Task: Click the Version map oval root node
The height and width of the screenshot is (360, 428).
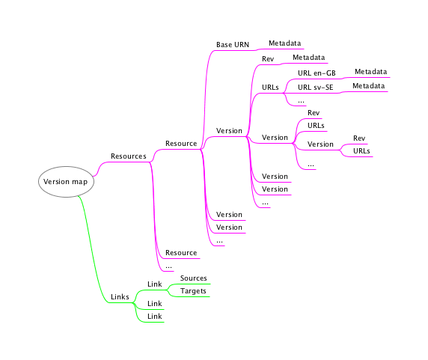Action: tap(66, 182)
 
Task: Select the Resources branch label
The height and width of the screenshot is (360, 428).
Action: tap(128, 156)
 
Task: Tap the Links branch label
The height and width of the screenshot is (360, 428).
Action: tap(120, 296)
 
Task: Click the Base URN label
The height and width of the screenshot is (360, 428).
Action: tap(233, 44)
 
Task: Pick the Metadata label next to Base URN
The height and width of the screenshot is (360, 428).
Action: tap(284, 43)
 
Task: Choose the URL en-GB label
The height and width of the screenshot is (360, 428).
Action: tap(317, 73)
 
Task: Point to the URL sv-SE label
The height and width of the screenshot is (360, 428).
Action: tap(315, 88)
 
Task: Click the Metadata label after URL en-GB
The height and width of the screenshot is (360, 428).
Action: tap(370, 72)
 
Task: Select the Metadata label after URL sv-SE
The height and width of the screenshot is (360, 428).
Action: tap(368, 86)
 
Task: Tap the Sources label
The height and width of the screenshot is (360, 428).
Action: tap(193, 278)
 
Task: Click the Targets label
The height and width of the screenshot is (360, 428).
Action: tap(193, 291)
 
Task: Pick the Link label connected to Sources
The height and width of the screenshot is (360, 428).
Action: tap(154, 284)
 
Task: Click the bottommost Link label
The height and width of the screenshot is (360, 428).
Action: tap(154, 317)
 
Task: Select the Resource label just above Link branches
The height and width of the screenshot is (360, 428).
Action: tap(181, 253)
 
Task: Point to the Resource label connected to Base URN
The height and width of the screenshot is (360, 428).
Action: tap(181, 144)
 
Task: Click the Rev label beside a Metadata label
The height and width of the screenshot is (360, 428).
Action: tap(268, 59)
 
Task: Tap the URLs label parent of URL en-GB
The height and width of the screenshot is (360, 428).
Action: tap(270, 88)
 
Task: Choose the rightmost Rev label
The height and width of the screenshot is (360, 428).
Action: tap(359, 138)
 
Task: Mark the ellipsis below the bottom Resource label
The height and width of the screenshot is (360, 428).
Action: tap(168, 266)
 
